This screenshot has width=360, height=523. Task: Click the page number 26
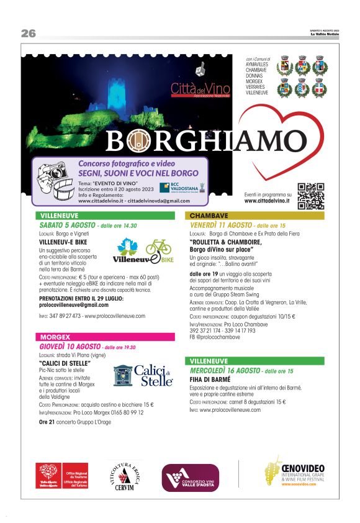click(x=29, y=34)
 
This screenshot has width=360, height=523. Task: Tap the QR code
click(x=310, y=196)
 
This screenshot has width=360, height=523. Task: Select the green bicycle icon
click(x=158, y=247)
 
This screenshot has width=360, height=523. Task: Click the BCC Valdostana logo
click(x=181, y=188)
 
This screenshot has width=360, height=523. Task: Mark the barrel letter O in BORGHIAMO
click(x=135, y=141)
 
